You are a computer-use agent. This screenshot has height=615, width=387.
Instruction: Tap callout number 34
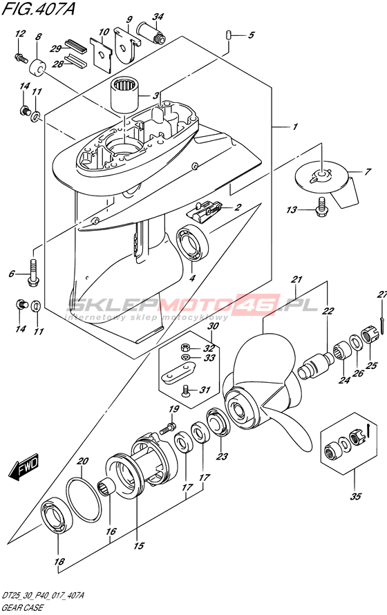pos(158,17)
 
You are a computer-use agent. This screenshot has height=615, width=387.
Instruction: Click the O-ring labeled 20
pos(83,500)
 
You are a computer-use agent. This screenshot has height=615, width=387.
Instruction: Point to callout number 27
pos(382,294)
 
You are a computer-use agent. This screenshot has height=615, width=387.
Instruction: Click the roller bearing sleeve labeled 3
pos(124,94)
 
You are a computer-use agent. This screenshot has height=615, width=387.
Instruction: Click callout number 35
pos(355,496)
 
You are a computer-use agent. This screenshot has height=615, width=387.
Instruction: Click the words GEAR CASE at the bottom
pos(23,608)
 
